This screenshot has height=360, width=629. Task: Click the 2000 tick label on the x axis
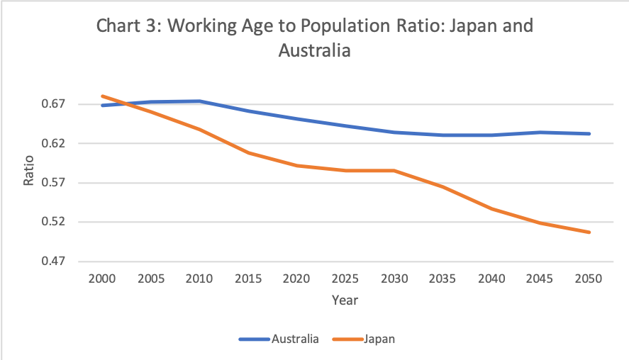point(102,279)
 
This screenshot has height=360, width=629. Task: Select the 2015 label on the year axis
point(248,279)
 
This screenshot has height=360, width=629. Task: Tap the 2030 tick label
point(394,279)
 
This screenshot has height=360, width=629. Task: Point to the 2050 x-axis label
point(589,279)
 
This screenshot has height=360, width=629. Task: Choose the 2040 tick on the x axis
point(491,279)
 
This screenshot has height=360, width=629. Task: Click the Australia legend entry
point(295,339)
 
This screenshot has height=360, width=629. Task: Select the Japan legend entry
point(379,339)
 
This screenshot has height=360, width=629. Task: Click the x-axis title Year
point(345,300)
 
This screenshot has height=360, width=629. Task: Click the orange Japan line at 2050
point(589,232)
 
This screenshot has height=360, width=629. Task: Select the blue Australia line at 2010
point(199,101)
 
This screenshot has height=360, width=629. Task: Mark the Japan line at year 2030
point(394,171)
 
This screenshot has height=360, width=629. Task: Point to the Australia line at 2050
point(589,134)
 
